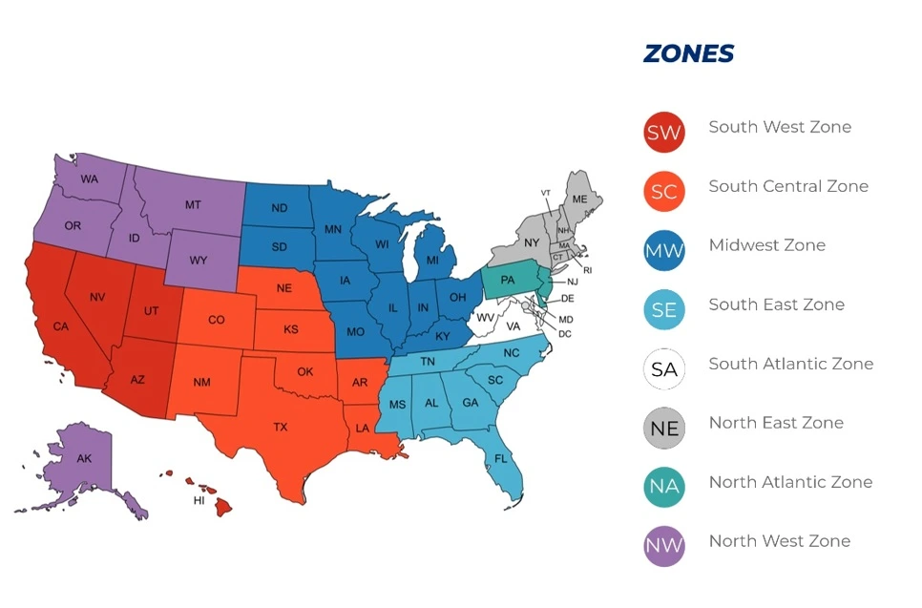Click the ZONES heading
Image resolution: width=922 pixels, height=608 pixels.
[688, 53]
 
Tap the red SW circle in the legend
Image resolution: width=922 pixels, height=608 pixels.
[663, 133]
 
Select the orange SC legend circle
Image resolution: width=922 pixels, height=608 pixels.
[663, 192]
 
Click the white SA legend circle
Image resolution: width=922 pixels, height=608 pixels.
[663, 369]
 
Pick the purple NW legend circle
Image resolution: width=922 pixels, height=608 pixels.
[663, 547]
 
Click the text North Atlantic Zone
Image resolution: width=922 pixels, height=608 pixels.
[789, 482]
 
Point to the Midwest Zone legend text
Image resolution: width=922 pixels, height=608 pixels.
[766, 245]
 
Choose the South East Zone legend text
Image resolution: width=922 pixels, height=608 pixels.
[776, 304]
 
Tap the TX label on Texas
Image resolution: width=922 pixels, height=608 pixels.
[280, 427]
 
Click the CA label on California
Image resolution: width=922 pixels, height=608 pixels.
[61, 326]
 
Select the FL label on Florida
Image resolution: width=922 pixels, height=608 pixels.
[501, 459]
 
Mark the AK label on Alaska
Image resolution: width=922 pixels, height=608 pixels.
[84, 459]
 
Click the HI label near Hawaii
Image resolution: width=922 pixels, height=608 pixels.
[199, 500]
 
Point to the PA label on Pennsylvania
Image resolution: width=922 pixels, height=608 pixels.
[508, 280]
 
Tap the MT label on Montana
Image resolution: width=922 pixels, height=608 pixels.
[193, 204]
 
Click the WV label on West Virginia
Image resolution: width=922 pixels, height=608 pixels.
[486, 317]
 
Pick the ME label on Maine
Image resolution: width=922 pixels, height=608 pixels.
[579, 199]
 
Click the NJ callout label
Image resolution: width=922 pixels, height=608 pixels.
[573, 282]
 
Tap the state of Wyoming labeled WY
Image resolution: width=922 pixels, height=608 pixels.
[199, 260]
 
